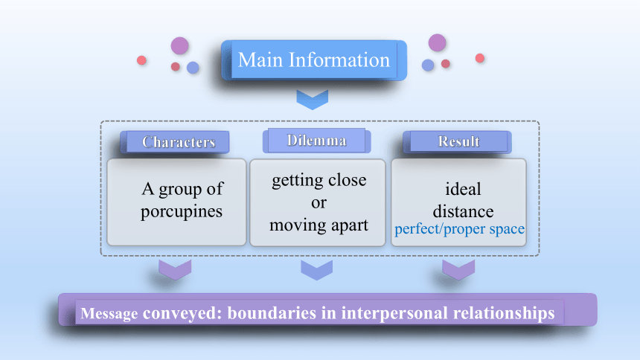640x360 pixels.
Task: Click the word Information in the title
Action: (x=339, y=60)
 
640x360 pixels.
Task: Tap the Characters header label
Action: (x=179, y=142)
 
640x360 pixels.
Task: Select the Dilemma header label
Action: (x=317, y=141)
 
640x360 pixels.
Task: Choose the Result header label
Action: (x=458, y=141)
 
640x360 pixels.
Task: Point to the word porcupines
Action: (x=182, y=212)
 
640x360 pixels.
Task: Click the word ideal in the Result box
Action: (x=463, y=189)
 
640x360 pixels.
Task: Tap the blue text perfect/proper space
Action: (x=459, y=229)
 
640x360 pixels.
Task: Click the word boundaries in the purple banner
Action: (x=272, y=313)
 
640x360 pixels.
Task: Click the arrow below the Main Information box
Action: (x=313, y=100)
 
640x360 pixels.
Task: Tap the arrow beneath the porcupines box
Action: (x=175, y=270)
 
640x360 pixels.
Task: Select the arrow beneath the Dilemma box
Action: (x=317, y=270)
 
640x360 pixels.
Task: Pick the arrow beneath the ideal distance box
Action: (x=458, y=270)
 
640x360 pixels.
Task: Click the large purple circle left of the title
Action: (x=179, y=45)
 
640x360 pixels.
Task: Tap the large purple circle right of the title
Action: (x=437, y=43)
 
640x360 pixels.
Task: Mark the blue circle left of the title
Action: (x=193, y=68)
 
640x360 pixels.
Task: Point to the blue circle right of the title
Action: (x=428, y=65)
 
